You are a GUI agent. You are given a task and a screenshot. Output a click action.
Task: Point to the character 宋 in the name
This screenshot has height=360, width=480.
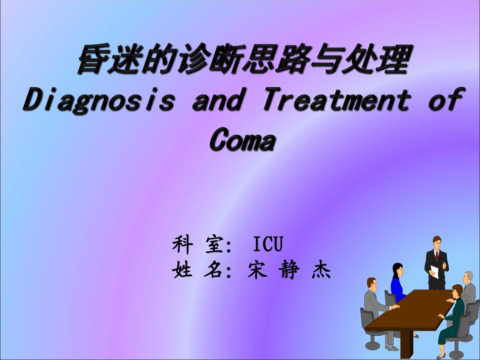tap(257, 271)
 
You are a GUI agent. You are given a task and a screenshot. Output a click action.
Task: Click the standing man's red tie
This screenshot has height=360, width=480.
tap(436, 256)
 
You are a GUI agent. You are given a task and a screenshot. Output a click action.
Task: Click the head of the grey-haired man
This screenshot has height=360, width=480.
tap(468, 277)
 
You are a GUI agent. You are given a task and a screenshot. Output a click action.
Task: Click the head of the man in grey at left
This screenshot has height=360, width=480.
tap(372, 283)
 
